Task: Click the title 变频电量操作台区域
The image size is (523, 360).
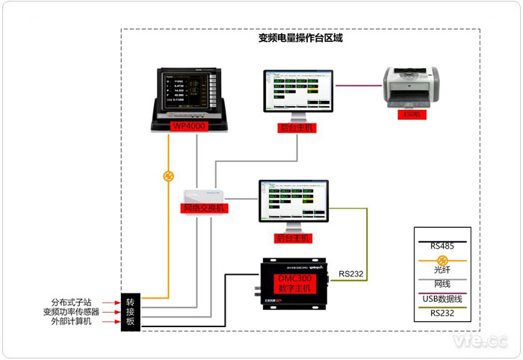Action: click(300, 39)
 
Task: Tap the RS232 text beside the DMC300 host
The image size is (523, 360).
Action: click(351, 274)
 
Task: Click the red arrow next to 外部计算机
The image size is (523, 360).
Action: click(111, 323)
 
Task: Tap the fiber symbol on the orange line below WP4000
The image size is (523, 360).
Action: click(169, 177)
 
